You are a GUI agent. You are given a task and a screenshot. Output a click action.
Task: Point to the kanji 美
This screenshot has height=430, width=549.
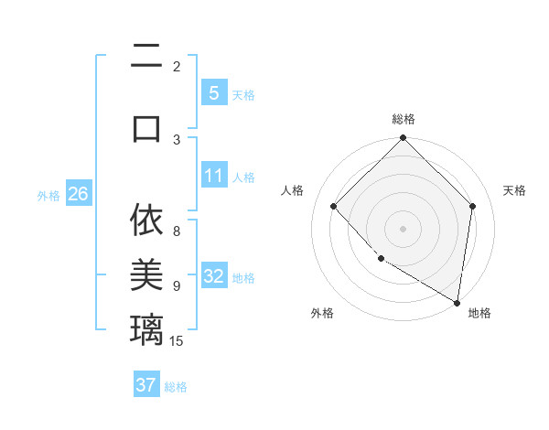[x=146, y=274]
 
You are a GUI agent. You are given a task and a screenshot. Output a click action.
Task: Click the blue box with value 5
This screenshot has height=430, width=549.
[x=213, y=92]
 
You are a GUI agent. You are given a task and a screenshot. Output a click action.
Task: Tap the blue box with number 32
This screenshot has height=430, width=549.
[x=213, y=276]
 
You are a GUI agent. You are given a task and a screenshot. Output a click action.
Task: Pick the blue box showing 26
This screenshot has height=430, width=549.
[x=78, y=193]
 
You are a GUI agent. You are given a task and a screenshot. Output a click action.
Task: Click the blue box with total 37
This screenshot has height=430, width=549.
[x=146, y=385]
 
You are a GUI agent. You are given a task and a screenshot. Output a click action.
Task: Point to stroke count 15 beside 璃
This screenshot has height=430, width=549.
[x=177, y=341]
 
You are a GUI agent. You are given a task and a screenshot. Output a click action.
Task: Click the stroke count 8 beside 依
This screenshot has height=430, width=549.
[x=177, y=231]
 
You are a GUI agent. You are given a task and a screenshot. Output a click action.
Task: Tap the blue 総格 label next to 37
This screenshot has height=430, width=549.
[x=176, y=387]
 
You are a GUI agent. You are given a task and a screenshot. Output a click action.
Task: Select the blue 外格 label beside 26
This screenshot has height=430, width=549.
[x=48, y=195]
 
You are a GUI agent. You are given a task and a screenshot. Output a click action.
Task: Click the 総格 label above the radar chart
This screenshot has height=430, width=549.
[x=404, y=119]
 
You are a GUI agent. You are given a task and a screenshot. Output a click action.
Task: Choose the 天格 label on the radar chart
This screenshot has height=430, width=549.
[x=514, y=190]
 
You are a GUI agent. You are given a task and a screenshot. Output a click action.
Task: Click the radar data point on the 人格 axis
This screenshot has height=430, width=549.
[x=334, y=207]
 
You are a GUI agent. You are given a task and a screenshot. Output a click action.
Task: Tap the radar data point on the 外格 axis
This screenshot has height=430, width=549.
[x=381, y=259]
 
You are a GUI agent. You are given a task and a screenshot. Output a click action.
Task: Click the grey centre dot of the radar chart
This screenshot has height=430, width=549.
[x=403, y=229]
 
